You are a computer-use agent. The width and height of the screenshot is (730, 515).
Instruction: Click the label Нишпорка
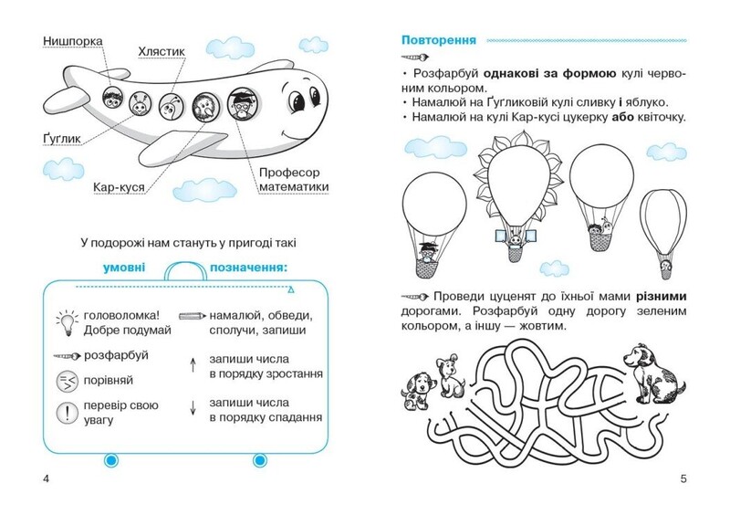point(73,41)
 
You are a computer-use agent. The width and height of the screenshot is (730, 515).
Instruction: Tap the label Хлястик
point(162,51)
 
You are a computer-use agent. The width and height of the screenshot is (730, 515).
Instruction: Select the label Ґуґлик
point(62,139)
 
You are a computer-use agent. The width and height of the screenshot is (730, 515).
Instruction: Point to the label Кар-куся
point(119,187)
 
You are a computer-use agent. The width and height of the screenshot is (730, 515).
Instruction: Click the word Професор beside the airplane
point(289,173)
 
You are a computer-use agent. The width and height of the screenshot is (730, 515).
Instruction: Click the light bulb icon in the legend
point(68,322)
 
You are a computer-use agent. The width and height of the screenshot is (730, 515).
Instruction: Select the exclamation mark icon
point(67,413)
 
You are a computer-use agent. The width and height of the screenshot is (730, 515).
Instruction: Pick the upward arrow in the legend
point(193,366)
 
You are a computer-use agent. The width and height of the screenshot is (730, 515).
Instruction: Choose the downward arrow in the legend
point(193,408)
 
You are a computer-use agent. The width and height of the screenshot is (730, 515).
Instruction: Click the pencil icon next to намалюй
point(193,316)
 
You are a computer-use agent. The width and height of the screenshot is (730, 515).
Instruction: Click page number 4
point(46,478)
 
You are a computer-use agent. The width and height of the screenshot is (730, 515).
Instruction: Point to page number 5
point(683,478)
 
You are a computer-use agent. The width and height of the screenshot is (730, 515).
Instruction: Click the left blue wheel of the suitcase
point(110,460)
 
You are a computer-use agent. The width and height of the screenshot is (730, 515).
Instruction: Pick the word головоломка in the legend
point(121,316)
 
